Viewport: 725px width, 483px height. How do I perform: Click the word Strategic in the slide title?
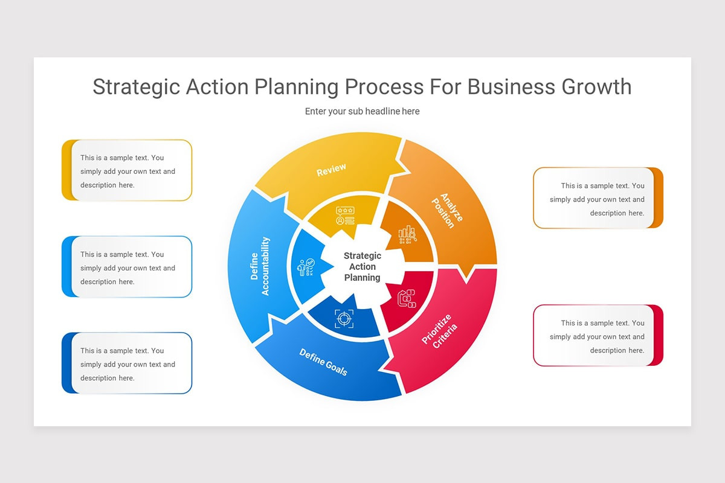pos(136,87)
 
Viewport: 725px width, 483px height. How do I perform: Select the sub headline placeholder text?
pos(362,111)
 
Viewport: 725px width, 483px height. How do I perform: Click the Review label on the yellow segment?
pos(331,170)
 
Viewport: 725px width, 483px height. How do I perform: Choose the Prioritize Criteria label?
pos(440,331)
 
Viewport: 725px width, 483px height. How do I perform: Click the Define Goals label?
pos(324,362)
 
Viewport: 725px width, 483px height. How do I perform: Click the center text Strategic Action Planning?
pos(362,267)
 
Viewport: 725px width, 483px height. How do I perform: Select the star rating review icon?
pos(345,216)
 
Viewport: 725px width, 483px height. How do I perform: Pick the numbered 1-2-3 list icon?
pos(407,298)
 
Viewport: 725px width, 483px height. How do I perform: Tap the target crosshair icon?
pos(344,318)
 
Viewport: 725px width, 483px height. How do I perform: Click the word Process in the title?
pos(384,87)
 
